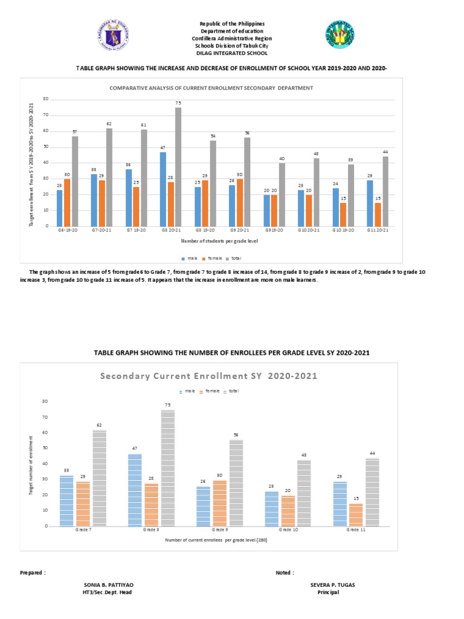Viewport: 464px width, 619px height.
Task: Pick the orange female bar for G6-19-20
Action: [67, 202]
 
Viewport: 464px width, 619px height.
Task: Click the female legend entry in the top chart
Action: [211, 258]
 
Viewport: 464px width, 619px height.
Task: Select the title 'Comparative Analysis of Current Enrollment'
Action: [211, 88]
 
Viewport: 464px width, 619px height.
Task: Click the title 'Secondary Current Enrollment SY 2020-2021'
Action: [208, 375]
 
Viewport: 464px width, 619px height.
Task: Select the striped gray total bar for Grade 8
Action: [167, 468]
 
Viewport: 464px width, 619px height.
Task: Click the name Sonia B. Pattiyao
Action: [108, 585]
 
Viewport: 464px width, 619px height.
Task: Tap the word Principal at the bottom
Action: [328, 592]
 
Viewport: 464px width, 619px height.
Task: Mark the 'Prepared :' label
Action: [33, 572]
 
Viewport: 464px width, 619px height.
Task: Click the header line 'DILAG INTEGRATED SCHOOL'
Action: [233, 53]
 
